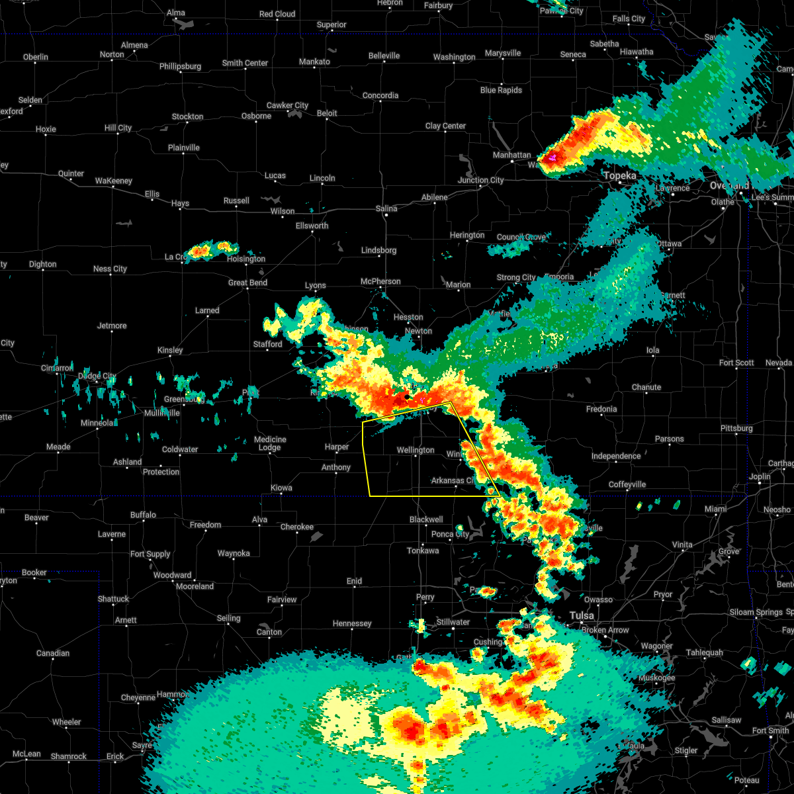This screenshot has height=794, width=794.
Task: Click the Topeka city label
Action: click(620, 176)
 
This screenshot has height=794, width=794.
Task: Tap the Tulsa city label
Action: click(582, 616)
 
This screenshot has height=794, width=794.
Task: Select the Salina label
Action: click(386, 208)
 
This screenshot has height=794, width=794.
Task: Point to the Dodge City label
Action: click(98, 376)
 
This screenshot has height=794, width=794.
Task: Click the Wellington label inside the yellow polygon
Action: click(416, 451)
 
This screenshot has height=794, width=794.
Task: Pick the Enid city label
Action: click(354, 582)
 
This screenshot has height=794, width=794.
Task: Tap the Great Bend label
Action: click(247, 283)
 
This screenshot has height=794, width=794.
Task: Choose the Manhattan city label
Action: click(511, 155)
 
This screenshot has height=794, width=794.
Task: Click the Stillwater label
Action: click(453, 623)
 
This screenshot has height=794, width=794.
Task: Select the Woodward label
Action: click(172, 576)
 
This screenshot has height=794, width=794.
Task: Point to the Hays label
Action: click(180, 204)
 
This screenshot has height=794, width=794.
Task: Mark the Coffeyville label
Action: click(627, 485)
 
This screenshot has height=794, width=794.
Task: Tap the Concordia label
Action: click(380, 96)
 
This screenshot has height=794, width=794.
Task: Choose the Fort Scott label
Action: click(736, 363)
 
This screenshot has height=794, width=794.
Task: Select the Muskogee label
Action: click(657, 678)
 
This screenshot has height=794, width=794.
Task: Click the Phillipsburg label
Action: click(180, 67)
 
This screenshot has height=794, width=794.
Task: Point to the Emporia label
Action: click(560, 277)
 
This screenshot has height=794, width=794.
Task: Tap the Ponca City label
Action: click(450, 535)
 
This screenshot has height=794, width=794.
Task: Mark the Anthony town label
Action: click(336, 468)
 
